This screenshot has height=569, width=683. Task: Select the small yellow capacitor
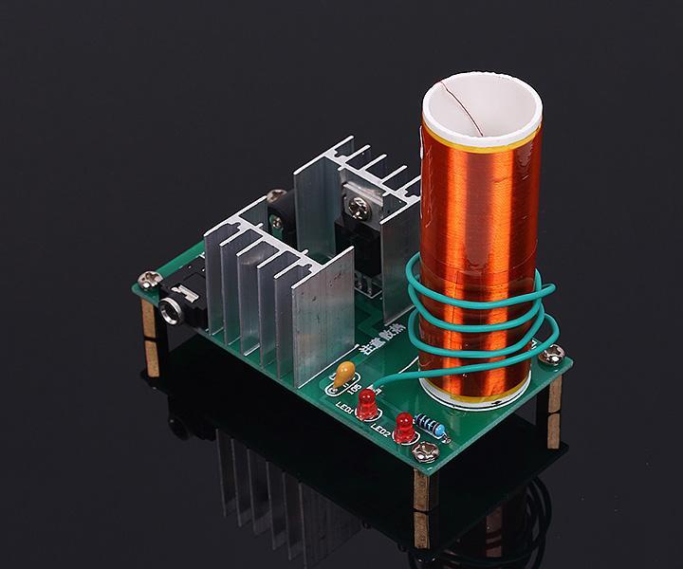pos(346,372)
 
